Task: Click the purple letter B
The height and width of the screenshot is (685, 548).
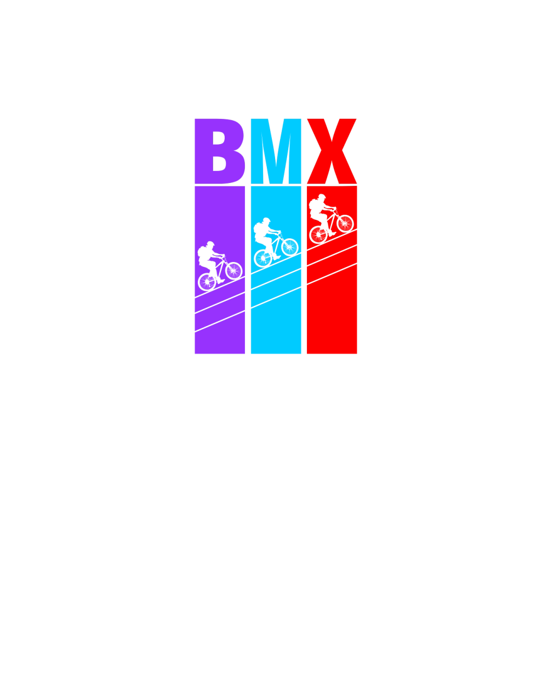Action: click(x=219, y=151)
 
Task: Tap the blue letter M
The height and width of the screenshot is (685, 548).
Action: click(x=276, y=151)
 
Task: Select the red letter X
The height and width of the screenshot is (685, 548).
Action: click(x=332, y=151)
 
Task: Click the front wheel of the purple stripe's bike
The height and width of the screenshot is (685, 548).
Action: click(x=234, y=271)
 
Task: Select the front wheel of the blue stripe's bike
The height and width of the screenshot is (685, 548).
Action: click(x=289, y=247)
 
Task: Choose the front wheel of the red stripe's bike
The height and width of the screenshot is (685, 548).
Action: click(x=345, y=223)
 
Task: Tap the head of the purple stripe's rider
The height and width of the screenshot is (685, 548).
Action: click(x=209, y=246)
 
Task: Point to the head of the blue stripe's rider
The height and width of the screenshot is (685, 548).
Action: click(x=265, y=222)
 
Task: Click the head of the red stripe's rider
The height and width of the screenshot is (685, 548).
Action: click(x=321, y=198)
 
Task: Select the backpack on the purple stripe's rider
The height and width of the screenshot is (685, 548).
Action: click(x=202, y=254)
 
